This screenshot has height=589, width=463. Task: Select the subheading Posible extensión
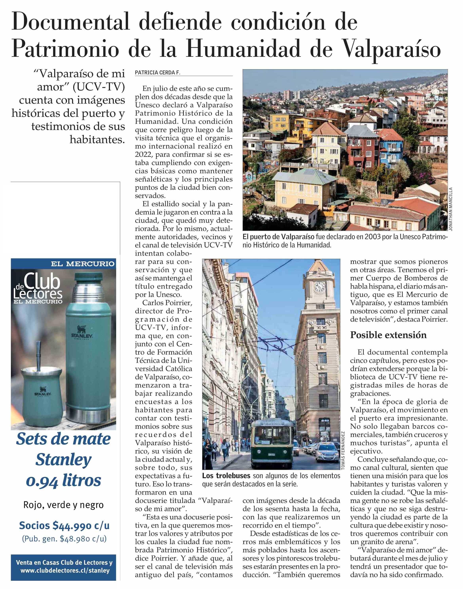(388, 335)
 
